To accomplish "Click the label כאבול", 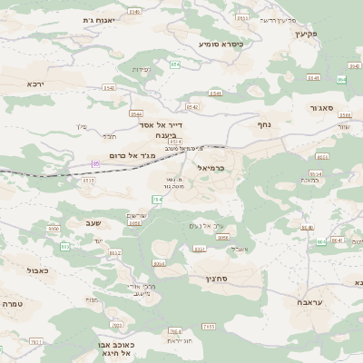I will tap(38, 270).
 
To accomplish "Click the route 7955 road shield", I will tap(208, 326).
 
